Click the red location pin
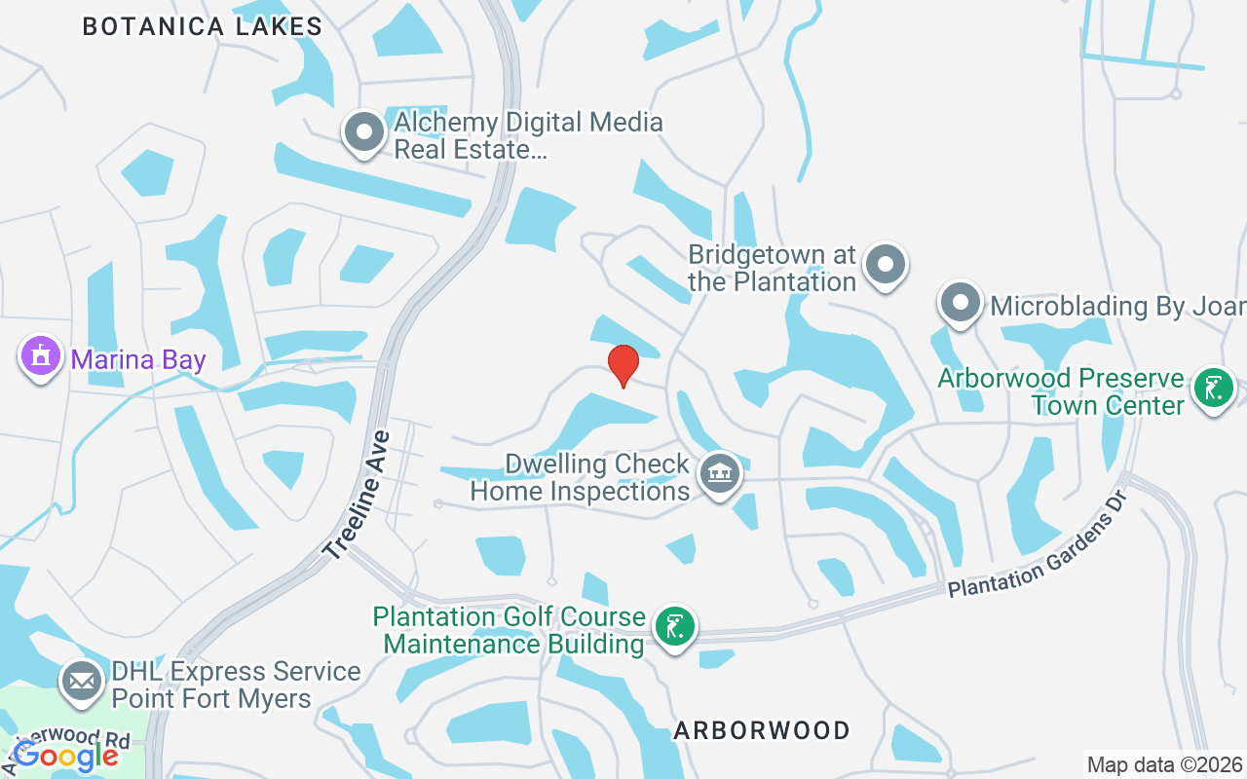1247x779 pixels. click(x=623, y=364)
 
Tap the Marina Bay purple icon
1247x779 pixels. click(x=40, y=356)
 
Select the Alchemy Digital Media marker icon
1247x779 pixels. click(x=364, y=131)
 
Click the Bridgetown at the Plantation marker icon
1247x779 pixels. click(x=886, y=264)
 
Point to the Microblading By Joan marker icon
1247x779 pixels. click(x=961, y=303)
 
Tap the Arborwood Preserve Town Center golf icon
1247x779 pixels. click(x=1213, y=388)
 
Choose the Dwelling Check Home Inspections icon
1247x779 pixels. click(x=720, y=474)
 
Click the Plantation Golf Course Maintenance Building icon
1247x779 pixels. click(x=674, y=626)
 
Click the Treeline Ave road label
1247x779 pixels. click(x=357, y=496)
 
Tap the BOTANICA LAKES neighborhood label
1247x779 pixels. click(x=202, y=26)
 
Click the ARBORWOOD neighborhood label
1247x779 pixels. click(x=762, y=730)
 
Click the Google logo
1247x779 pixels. click(x=65, y=755)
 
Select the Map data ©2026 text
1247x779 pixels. click(x=1164, y=764)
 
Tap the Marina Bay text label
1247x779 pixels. click(x=138, y=360)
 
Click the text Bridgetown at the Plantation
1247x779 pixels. click(x=772, y=269)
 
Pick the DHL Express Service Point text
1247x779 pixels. click(x=236, y=685)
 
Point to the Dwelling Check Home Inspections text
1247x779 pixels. click(x=581, y=477)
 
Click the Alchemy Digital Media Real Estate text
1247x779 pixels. click(x=528, y=136)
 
